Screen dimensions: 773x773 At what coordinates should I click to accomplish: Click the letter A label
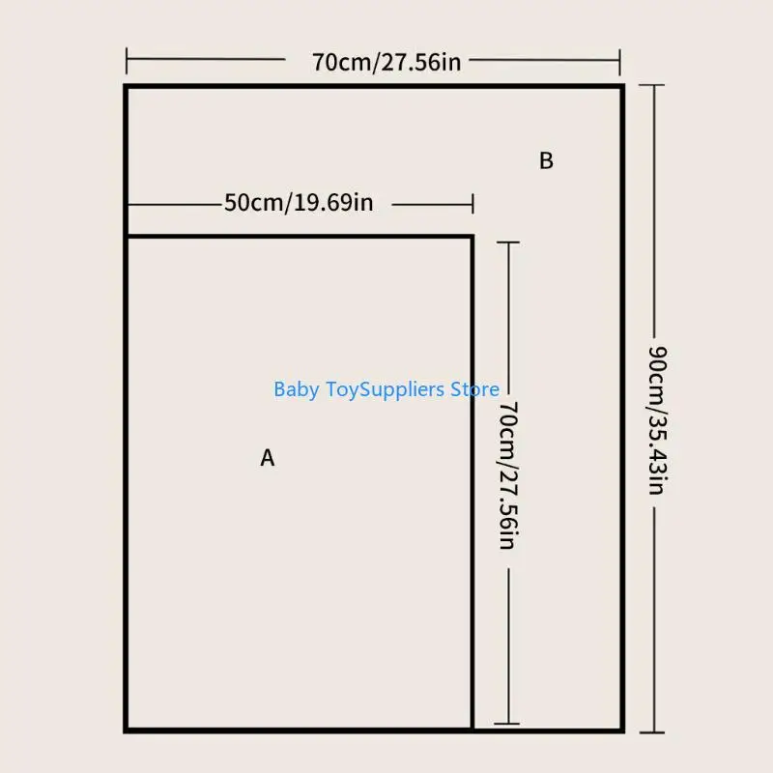(268, 458)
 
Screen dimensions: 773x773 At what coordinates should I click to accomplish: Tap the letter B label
(546, 161)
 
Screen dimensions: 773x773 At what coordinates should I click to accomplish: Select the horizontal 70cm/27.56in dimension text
(386, 63)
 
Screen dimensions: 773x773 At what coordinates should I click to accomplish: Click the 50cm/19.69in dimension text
(299, 203)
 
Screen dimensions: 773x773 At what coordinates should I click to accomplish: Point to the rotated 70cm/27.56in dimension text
(507, 475)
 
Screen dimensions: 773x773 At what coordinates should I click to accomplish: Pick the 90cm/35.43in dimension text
(655, 419)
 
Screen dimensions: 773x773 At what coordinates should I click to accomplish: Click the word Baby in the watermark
(296, 389)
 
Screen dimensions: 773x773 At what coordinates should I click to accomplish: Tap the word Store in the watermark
(474, 389)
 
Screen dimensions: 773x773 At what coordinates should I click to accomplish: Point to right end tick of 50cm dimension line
(472, 204)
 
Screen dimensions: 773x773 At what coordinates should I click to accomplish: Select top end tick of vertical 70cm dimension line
(507, 243)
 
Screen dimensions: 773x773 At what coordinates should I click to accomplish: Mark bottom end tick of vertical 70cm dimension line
(507, 723)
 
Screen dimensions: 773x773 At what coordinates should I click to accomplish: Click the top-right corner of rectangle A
(472, 237)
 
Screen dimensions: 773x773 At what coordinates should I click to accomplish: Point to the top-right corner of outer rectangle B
(622, 87)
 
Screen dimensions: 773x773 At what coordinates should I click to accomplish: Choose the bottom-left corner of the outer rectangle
(127, 730)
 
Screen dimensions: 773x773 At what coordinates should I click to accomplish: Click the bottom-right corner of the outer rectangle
(622, 730)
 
